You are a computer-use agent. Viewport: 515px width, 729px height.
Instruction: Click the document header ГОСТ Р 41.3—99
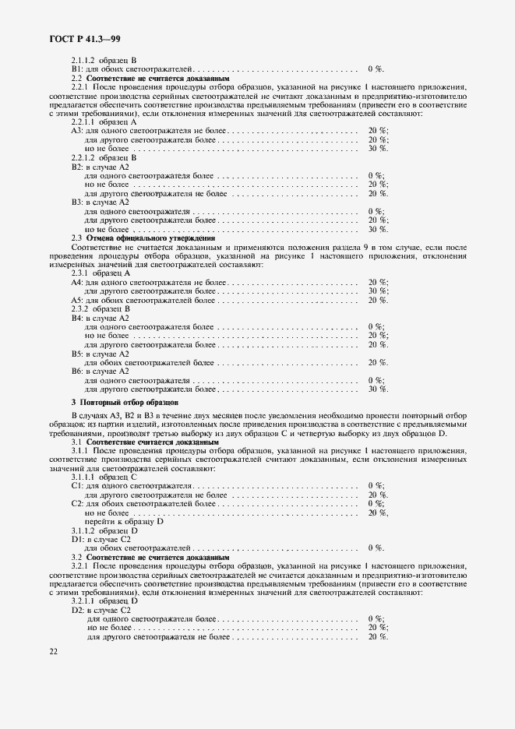81,37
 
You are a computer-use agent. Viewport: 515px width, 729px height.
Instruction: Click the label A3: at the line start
76,131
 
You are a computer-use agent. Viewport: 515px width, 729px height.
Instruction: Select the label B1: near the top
76,69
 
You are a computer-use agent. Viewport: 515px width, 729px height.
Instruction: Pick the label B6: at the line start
76,371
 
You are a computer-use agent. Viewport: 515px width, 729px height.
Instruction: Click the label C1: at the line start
76,486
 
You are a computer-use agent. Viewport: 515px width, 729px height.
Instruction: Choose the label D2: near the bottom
77,610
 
